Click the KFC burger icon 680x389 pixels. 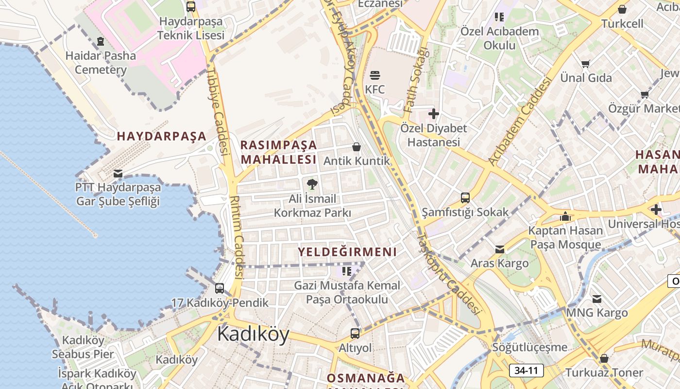tap(375, 75)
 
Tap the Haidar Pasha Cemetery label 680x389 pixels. tap(101, 62)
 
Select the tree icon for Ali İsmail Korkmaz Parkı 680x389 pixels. tap(312, 184)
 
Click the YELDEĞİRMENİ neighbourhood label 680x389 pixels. tap(347, 252)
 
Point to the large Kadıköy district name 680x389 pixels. tap(253, 334)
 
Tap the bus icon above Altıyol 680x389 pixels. tap(355, 333)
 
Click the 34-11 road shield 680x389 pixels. tap(526, 371)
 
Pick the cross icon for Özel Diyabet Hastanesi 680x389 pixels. tap(433, 114)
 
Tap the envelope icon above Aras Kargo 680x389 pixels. tap(499, 249)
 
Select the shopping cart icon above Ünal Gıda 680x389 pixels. tap(586, 64)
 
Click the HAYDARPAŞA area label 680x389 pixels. tap(162, 136)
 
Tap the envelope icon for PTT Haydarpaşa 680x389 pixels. tap(118, 173)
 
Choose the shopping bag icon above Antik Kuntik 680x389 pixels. tap(357, 147)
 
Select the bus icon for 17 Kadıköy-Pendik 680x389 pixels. tap(220, 288)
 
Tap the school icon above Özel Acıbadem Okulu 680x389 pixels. tap(499, 17)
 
